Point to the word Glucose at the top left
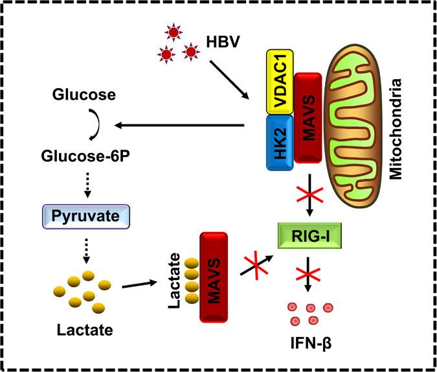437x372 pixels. (x=85, y=95)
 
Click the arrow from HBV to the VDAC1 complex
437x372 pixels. (x=226, y=76)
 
